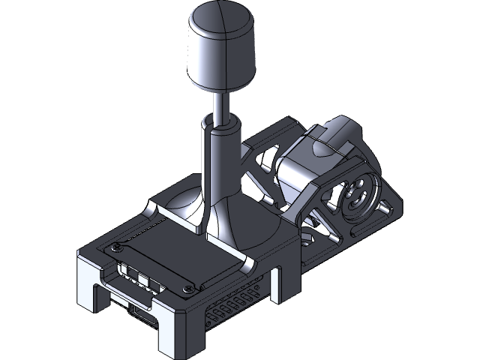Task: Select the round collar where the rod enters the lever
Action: pos(222,131)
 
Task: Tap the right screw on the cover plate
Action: pos(190,285)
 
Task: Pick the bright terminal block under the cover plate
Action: pos(139,277)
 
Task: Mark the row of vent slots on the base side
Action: pos(232,304)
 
